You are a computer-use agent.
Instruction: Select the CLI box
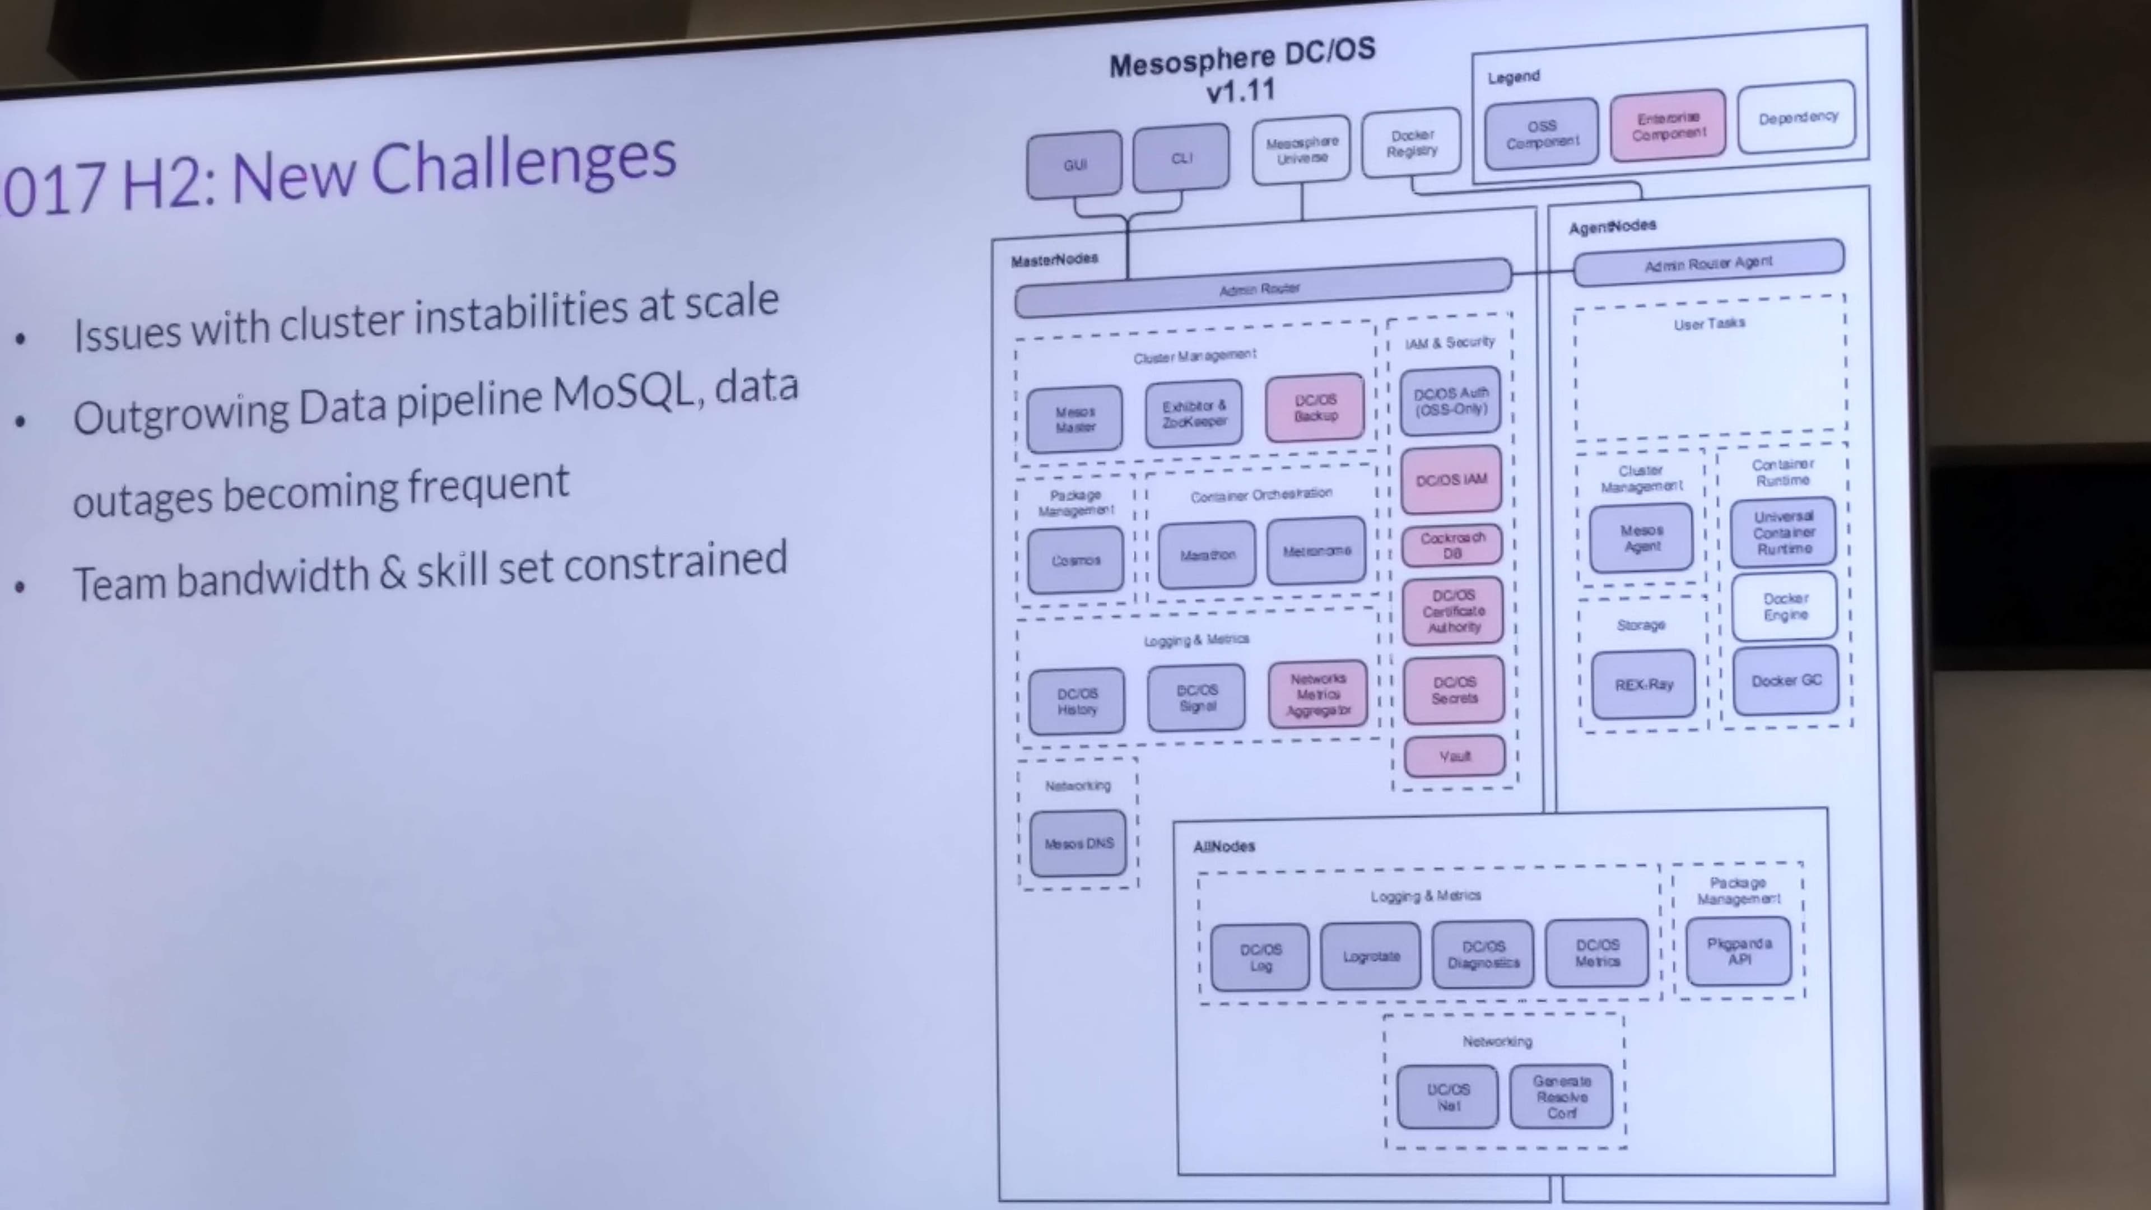(1181, 158)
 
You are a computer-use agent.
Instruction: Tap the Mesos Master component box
(1075, 418)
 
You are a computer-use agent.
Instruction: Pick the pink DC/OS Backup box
(1315, 407)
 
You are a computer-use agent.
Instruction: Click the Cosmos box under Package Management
(1075, 560)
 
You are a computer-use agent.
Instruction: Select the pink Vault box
(1455, 756)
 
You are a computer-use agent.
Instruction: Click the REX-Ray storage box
(1643, 685)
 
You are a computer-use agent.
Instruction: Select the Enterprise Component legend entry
(1668, 126)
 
